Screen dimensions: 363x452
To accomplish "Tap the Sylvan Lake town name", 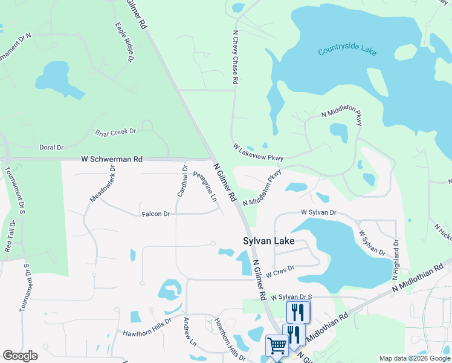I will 269,241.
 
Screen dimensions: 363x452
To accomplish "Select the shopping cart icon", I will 277,345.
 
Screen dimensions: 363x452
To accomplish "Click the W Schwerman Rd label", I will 112,159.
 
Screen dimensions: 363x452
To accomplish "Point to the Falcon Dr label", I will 156,214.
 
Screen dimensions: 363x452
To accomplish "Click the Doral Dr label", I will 51,147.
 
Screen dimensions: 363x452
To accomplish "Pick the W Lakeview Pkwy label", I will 258,152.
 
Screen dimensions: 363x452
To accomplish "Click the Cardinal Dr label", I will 182,180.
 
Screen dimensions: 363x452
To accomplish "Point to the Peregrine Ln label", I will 205,187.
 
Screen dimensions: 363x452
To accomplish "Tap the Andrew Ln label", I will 189,332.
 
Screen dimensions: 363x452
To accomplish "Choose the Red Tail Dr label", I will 10,237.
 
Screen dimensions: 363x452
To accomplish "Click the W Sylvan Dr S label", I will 291,296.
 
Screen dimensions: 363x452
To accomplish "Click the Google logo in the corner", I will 20,356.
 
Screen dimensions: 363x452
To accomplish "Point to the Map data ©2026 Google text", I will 414,358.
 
